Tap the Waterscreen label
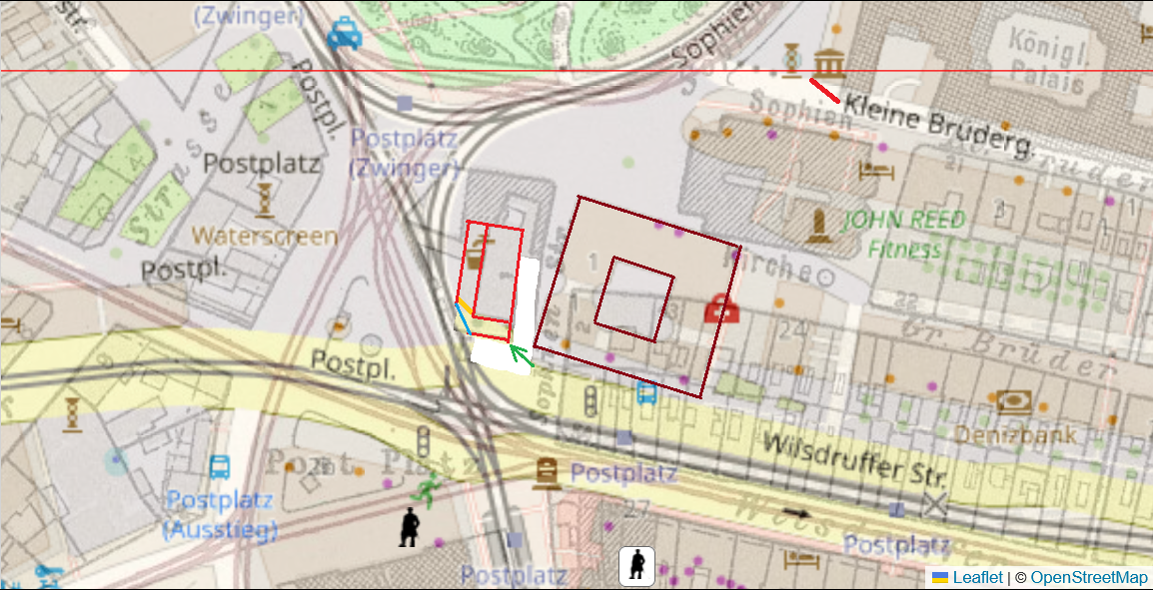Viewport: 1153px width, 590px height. [x=264, y=236]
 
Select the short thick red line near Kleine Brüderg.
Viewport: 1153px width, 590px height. [x=824, y=91]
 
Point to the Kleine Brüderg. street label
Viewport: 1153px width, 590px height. [x=937, y=126]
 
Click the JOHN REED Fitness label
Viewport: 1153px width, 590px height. [x=904, y=234]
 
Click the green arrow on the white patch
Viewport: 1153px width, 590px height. [x=521, y=354]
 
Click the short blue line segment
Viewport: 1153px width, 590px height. [x=464, y=320]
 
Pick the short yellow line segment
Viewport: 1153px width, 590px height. [x=465, y=303]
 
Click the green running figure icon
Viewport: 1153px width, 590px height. [x=428, y=489]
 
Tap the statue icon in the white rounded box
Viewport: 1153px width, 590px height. [x=636, y=566]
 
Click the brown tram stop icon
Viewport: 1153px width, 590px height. [x=547, y=471]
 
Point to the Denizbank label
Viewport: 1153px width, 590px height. [x=1014, y=434]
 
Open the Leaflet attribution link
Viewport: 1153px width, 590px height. [x=977, y=577]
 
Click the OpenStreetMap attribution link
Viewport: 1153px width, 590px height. [x=1088, y=577]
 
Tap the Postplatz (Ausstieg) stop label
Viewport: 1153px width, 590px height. [x=220, y=514]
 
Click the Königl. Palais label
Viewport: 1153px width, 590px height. [x=1048, y=59]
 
